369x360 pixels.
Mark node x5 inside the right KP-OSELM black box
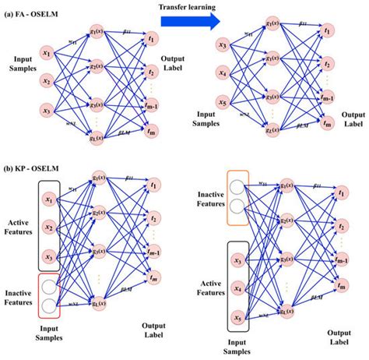(x=238, y=317)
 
